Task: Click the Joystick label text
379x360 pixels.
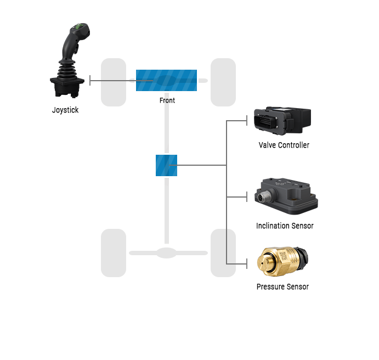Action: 65,110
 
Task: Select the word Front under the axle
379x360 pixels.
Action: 167,100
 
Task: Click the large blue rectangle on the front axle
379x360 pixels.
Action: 166,80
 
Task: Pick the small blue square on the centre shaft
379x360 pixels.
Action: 166,165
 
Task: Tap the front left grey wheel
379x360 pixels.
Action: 114,82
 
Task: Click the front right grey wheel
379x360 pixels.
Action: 223,82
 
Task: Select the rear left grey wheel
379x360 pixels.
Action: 114,253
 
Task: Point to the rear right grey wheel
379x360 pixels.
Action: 223,253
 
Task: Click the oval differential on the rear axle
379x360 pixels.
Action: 167,253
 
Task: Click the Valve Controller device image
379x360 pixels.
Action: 282,121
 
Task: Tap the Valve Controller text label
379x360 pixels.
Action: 284,145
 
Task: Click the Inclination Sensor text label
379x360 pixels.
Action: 285,226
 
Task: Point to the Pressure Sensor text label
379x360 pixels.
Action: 282,286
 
